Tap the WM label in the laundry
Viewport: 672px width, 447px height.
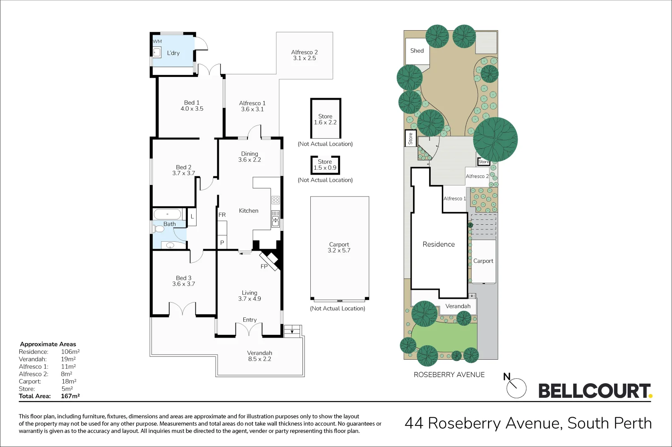coord(157,41)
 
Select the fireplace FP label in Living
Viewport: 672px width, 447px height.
coord(264,267)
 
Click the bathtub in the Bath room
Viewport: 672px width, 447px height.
coord(168,214)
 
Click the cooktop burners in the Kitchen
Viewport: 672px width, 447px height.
coord(276,200)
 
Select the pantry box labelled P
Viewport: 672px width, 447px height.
coord(222,243)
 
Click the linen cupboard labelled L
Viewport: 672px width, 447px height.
coord(192,217)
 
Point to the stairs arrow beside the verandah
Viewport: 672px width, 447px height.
coord(293,331)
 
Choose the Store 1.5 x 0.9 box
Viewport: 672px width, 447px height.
coord(325,165)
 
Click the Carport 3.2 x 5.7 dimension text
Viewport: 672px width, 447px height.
coord(339,250)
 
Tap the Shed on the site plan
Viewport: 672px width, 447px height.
coord(417,51)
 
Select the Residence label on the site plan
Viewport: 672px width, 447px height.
coord(438,244)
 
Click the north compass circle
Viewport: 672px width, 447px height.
coord(516,388)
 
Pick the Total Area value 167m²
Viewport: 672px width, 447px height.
coord(70,396)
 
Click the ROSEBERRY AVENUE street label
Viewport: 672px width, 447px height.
coord(449,375)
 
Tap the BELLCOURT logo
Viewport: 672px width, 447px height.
coord(594,391)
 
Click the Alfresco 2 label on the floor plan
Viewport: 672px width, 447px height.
coord(304,52)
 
